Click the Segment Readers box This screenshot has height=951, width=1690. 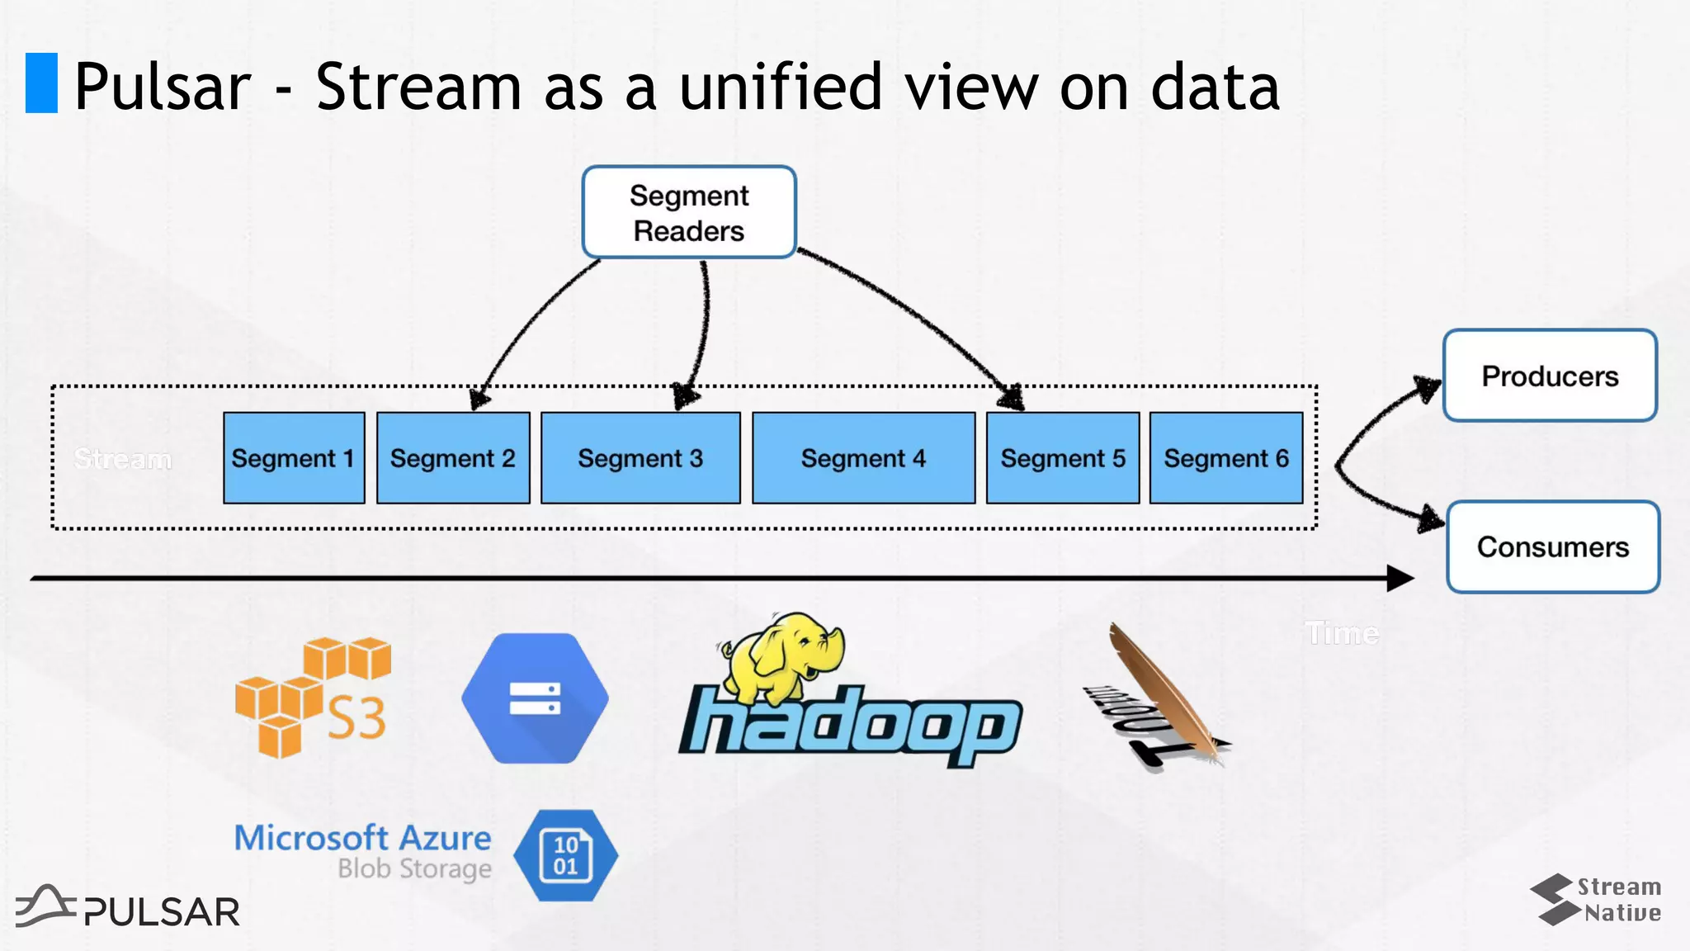(689, 212)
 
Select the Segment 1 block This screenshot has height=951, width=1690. (294, 458)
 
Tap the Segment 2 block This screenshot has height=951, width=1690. (453, 458)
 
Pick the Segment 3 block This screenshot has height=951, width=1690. (640, 458)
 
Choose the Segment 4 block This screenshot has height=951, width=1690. (863, 458)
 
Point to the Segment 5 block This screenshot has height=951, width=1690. (1063, 458)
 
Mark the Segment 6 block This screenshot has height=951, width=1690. (1226, 458)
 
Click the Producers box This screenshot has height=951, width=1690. (1550, 376)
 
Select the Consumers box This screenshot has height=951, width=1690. (1553, 547)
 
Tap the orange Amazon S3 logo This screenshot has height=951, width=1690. (312, 698)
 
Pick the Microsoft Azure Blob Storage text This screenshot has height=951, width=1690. (363, 851)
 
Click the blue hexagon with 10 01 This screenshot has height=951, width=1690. (566, 855)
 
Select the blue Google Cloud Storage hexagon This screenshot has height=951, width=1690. (535, 698)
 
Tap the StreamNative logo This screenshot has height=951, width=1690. (1596, 899)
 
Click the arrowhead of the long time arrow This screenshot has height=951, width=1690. (1400, 579)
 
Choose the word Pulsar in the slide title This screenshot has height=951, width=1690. (163, 87)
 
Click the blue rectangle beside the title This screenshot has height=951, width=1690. (41, 83)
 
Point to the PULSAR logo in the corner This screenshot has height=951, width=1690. (128, 907)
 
